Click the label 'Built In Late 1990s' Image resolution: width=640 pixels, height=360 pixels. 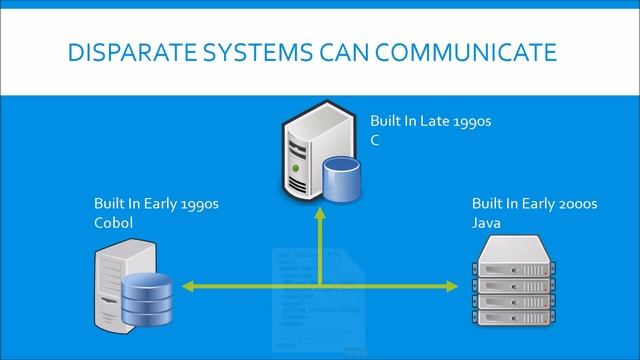(431, 121)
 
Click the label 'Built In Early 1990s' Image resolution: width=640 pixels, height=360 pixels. (156, 205)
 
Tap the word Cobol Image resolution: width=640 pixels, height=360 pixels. (113, 223)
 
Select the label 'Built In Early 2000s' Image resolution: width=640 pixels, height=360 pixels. (534, 205)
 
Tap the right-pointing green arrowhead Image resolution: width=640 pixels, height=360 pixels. (461, 287)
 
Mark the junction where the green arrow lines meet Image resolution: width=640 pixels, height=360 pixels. (320, 287)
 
